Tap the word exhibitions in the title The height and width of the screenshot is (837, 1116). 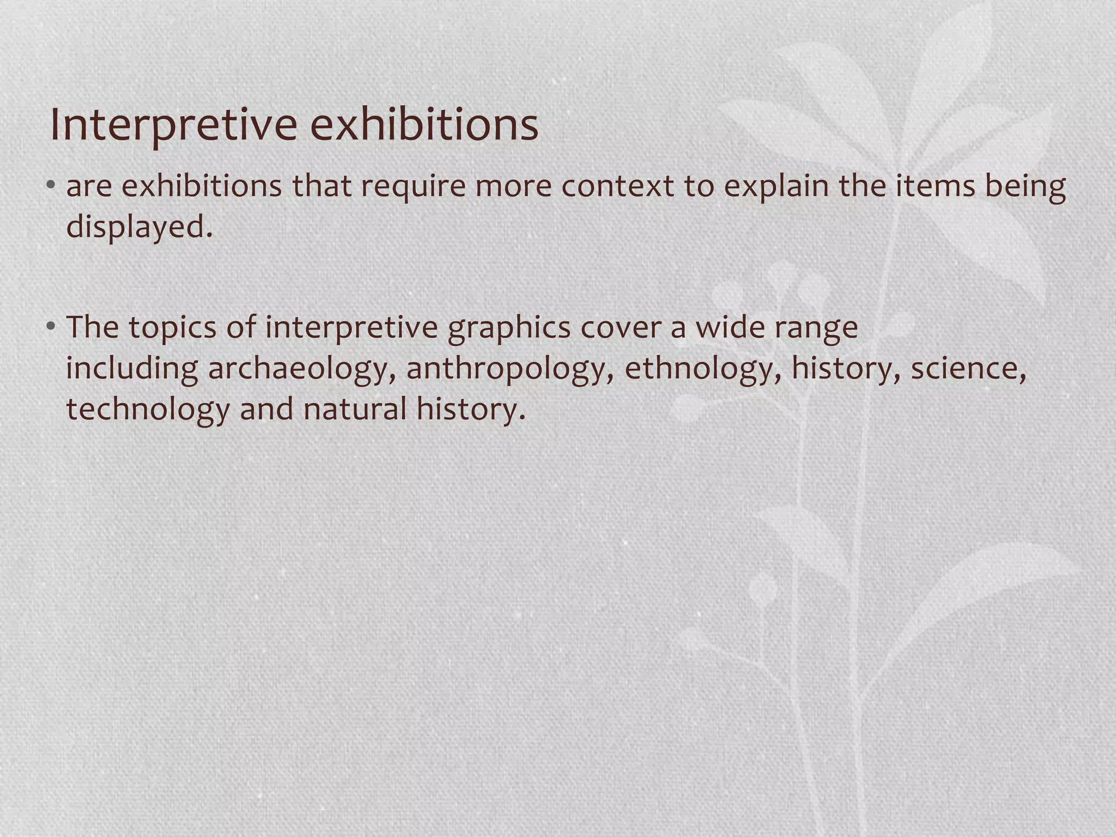click(x=424, y=125)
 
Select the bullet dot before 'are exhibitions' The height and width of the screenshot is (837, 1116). click(x=51, y=186)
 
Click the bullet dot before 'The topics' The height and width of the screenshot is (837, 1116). click(x=51, y=327)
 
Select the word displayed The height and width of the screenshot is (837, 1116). click(x=139, y=227)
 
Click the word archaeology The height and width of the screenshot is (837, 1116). click(x=302, y=369)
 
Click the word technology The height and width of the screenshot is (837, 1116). click(x=148, y=410)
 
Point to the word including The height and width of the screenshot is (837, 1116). click(x=132, y=369)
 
